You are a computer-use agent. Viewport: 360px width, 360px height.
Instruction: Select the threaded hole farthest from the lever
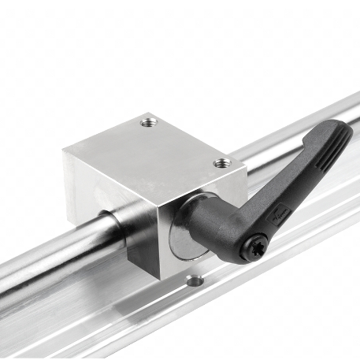point(148,122)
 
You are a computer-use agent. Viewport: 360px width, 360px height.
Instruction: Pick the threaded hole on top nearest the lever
point(222,163)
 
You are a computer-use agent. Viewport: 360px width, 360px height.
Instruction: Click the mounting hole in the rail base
point(194,280)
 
